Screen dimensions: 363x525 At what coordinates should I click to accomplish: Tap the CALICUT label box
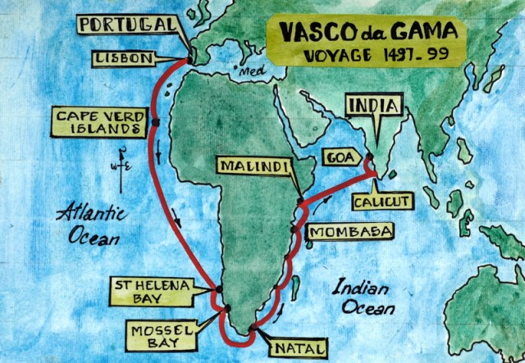(384, 198)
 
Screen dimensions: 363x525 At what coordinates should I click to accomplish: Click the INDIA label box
(373, 106)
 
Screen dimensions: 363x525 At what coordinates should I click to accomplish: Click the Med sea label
(247, 72)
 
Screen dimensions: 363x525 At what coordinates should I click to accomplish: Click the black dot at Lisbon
(190, 59)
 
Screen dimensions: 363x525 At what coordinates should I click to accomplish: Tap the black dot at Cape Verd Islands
(154, 124)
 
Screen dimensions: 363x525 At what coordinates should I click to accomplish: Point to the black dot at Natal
(252, 329)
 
